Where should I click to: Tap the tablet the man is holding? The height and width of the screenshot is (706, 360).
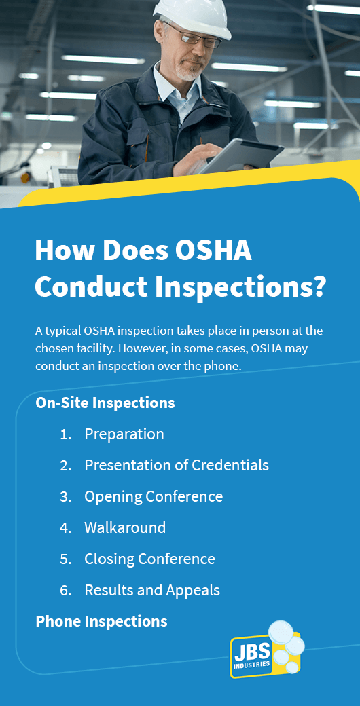(240, 156)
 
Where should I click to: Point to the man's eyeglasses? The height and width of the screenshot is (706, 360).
(195, 36)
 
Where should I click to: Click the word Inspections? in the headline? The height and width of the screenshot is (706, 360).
(240, 286)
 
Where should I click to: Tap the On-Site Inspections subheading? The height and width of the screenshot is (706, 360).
(105, 403)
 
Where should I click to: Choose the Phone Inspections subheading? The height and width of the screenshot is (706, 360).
(101, 621)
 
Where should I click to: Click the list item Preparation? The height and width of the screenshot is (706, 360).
(124, 434)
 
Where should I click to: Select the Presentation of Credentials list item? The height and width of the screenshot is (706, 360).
(177, 465)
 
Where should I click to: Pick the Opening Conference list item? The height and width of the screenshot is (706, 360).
(154, 497)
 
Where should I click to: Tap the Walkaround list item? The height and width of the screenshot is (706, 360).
(125, 527)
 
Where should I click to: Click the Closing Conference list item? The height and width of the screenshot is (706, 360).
(149, 559)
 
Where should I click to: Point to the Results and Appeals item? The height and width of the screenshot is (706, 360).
(152, 590)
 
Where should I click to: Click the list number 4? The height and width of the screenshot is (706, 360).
(65, 527)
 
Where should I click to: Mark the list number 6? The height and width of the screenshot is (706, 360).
(65, 591)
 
